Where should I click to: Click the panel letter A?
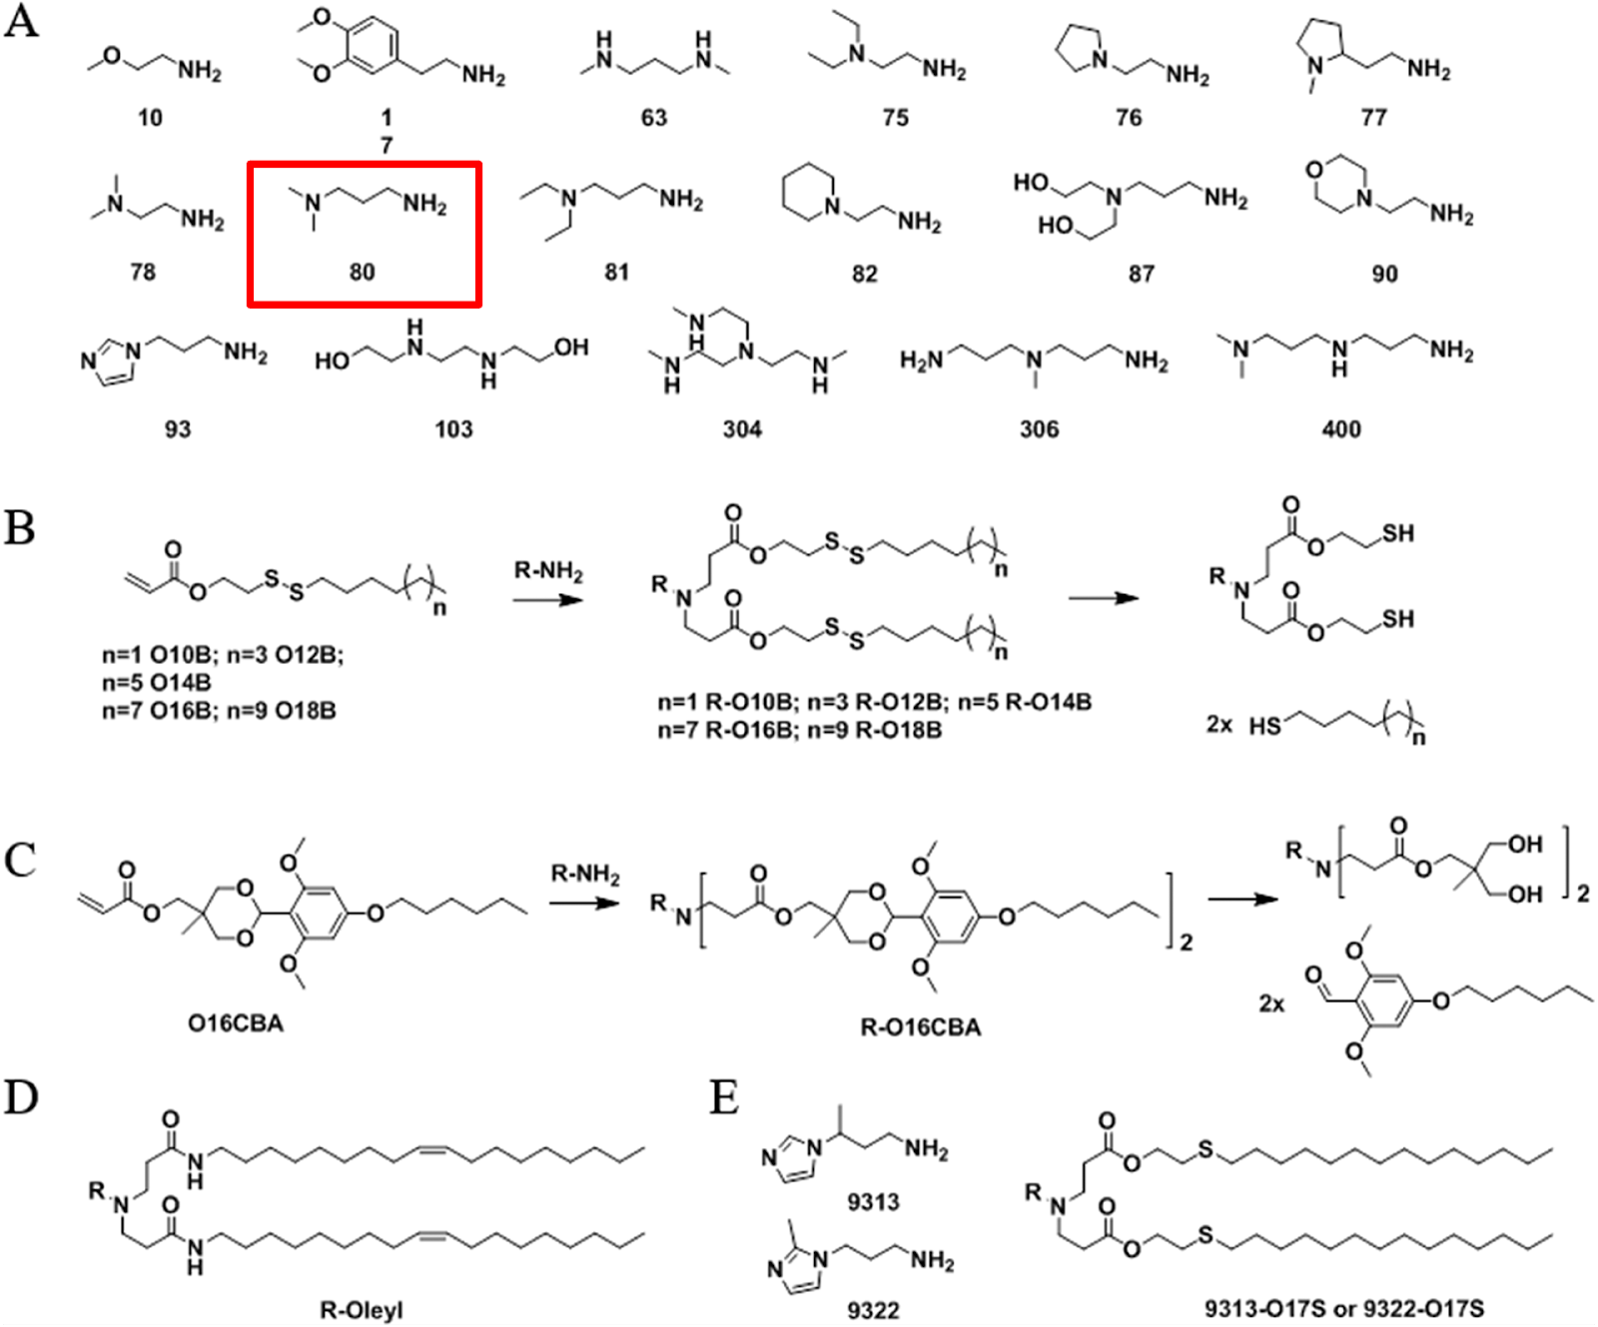(21, 21)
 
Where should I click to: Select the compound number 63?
(653, 118)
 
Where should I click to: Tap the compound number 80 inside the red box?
(362, 272)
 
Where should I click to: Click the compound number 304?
(742, 429)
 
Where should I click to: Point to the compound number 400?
(1340, 429)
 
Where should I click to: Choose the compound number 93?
(178, 429)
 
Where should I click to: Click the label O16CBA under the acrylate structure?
(236, 1023)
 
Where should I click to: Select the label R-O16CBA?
(920, 1027)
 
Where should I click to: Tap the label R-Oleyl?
(361, 1309)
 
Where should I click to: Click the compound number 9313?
(873, 1201)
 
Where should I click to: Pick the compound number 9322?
(873, 1309)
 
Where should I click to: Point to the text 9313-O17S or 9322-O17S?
(1343, 1308)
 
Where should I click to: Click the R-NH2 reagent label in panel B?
(548, 571)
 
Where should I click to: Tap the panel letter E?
(724, 1097)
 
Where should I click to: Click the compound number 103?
(453, 429)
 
